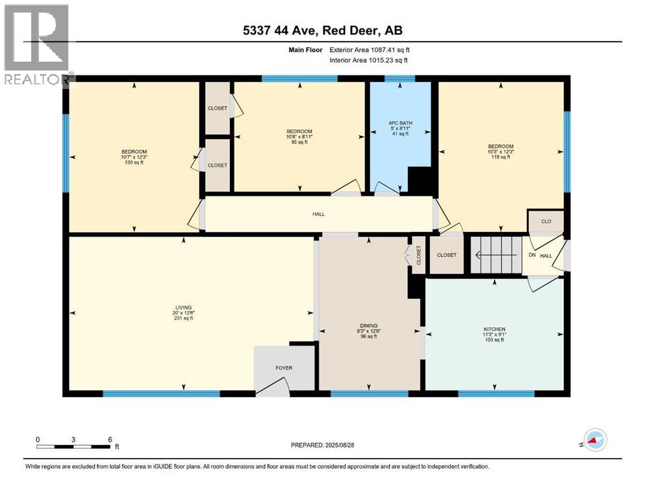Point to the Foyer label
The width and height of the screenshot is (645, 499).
284,368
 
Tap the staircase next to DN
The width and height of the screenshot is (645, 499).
496,255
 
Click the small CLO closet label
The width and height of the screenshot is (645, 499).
546,222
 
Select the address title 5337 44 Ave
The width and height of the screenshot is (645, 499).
322,31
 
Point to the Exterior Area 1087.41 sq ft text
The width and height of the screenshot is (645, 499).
370,49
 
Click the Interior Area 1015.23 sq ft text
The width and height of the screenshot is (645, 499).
369,60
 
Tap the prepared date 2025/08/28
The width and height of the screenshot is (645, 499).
322,445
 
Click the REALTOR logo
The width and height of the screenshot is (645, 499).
38,44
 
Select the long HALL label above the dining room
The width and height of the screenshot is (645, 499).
318,214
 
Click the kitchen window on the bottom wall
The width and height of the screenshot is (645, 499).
496,393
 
